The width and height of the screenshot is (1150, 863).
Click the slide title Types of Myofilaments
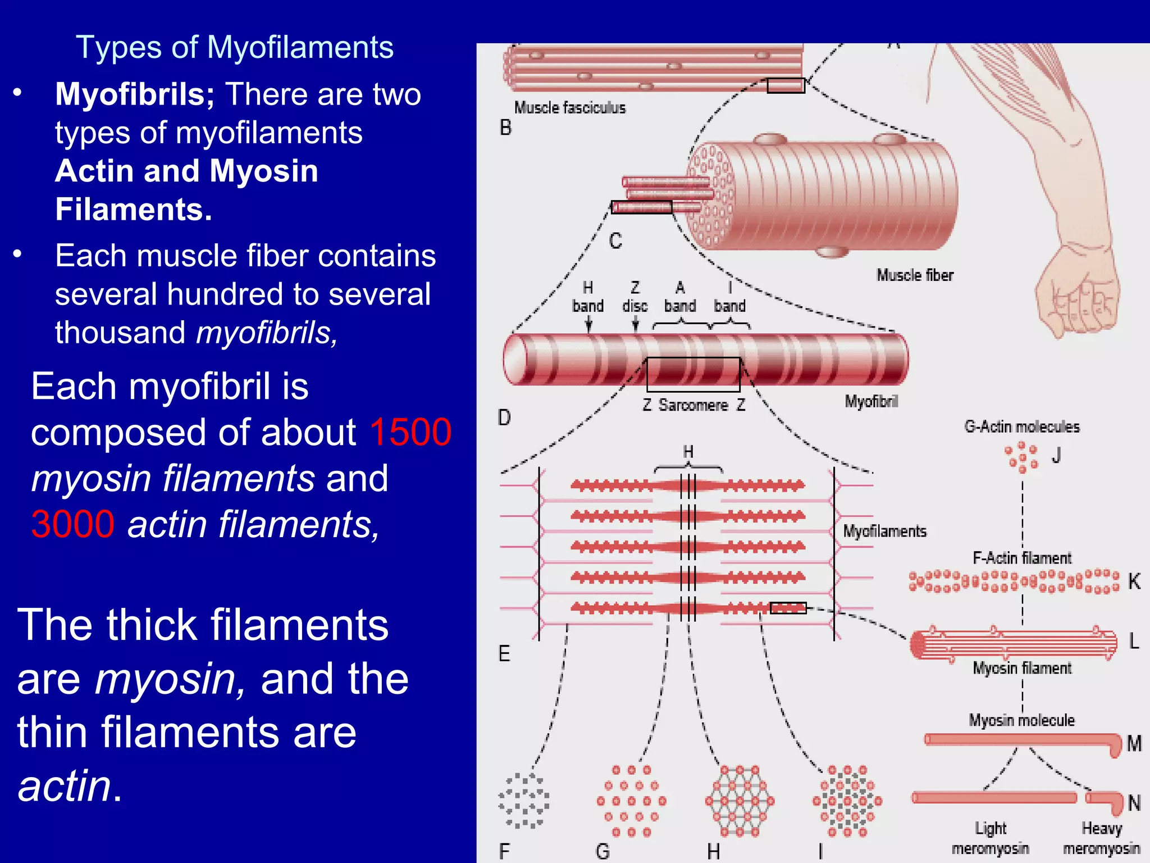click(x=234, y=47)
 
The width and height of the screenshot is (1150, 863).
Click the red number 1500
click(x=410, y=433)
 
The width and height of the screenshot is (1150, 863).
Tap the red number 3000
click(x=73, y=525)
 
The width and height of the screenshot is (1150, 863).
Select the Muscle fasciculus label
click(x=569, y=108)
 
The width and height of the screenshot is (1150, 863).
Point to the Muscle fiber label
click(x=915, y=275)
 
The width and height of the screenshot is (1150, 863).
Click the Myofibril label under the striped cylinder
click(x=871, y=402)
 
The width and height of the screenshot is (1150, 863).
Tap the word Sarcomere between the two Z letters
click(x=693, y=405)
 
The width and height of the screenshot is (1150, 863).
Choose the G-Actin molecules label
click(x=1021, y=427)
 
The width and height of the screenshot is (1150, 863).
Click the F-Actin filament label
click(x=1021, y=558)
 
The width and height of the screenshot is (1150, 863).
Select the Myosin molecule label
click(x=1021, y=720)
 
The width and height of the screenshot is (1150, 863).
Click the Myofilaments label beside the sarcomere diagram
click(x=884, y=532)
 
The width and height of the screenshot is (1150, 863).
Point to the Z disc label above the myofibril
click(x=635, y=297)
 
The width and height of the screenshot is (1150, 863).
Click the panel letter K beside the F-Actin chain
click(x=1134, y=582)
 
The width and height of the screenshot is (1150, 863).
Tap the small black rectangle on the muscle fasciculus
click(x=786, y=85)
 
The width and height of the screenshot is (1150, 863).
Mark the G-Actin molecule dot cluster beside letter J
click(x=1022, y=457)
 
